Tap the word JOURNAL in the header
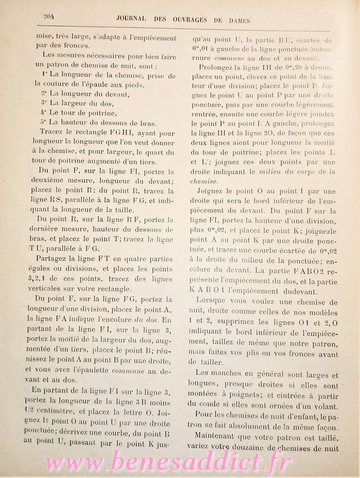coord(131,20)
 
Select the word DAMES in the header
coord(237,20)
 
